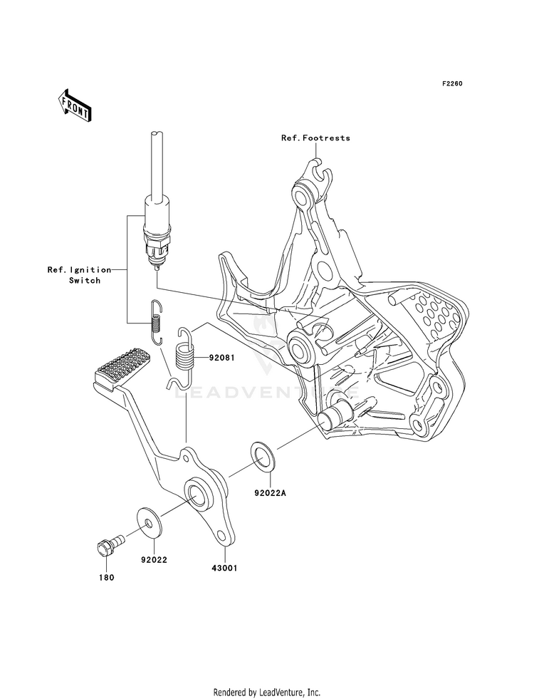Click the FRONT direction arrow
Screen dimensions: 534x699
[x=74, y=105]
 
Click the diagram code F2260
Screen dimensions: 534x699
[x=453, y=83]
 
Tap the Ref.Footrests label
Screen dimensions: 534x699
[x=315, y=138]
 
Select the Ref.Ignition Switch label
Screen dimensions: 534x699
[x=80, y=275]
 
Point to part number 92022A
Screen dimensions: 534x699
[x=270, y=493]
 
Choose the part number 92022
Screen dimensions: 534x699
[x=154, y=559]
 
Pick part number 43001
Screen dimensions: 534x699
[x=224, y=568]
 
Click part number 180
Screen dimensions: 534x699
[x=106, y=577]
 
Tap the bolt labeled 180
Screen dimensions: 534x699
[x=110, y=546]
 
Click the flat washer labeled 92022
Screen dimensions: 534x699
[x=149, y=522]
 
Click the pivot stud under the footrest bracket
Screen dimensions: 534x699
[x=335, y=414]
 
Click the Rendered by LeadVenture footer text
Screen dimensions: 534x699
[x=267, y=693]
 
